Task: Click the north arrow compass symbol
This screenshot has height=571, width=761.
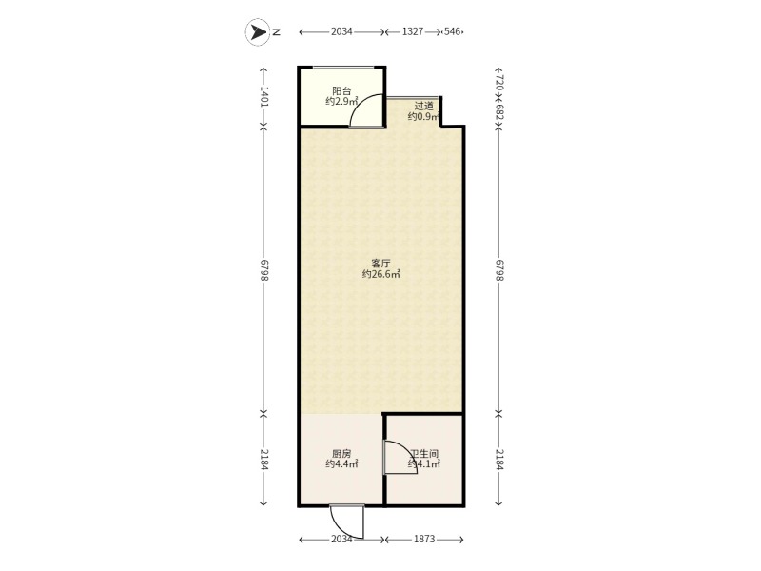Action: [257, 32]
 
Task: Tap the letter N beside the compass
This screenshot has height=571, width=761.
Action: [277, 32]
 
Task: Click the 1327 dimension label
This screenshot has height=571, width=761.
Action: [413, 31]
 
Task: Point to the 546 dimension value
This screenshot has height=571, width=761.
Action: [452, 31]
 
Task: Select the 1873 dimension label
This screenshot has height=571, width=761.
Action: [424, 539]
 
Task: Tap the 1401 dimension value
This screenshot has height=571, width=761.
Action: [264, 96]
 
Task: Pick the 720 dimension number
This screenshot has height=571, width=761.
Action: [500, 81]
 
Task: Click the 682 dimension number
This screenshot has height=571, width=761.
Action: [500, 111]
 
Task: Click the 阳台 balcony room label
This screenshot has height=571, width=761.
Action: [341, 90]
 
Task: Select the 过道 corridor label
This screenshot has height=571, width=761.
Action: [423, 106]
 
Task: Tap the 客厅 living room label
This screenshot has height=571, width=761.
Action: [381, 264]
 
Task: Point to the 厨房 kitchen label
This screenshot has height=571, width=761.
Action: [341, 454]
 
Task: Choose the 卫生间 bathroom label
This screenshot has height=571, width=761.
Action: [424, 454]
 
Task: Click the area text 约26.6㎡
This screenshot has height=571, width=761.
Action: [381, 274]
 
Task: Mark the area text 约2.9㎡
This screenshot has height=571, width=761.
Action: [341, 102]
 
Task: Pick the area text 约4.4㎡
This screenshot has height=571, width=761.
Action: [341, 464]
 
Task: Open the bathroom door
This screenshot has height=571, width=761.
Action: [400, 457]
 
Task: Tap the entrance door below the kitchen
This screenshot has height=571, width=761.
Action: [346, 522]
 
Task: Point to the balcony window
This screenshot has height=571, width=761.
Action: [343, 67]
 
